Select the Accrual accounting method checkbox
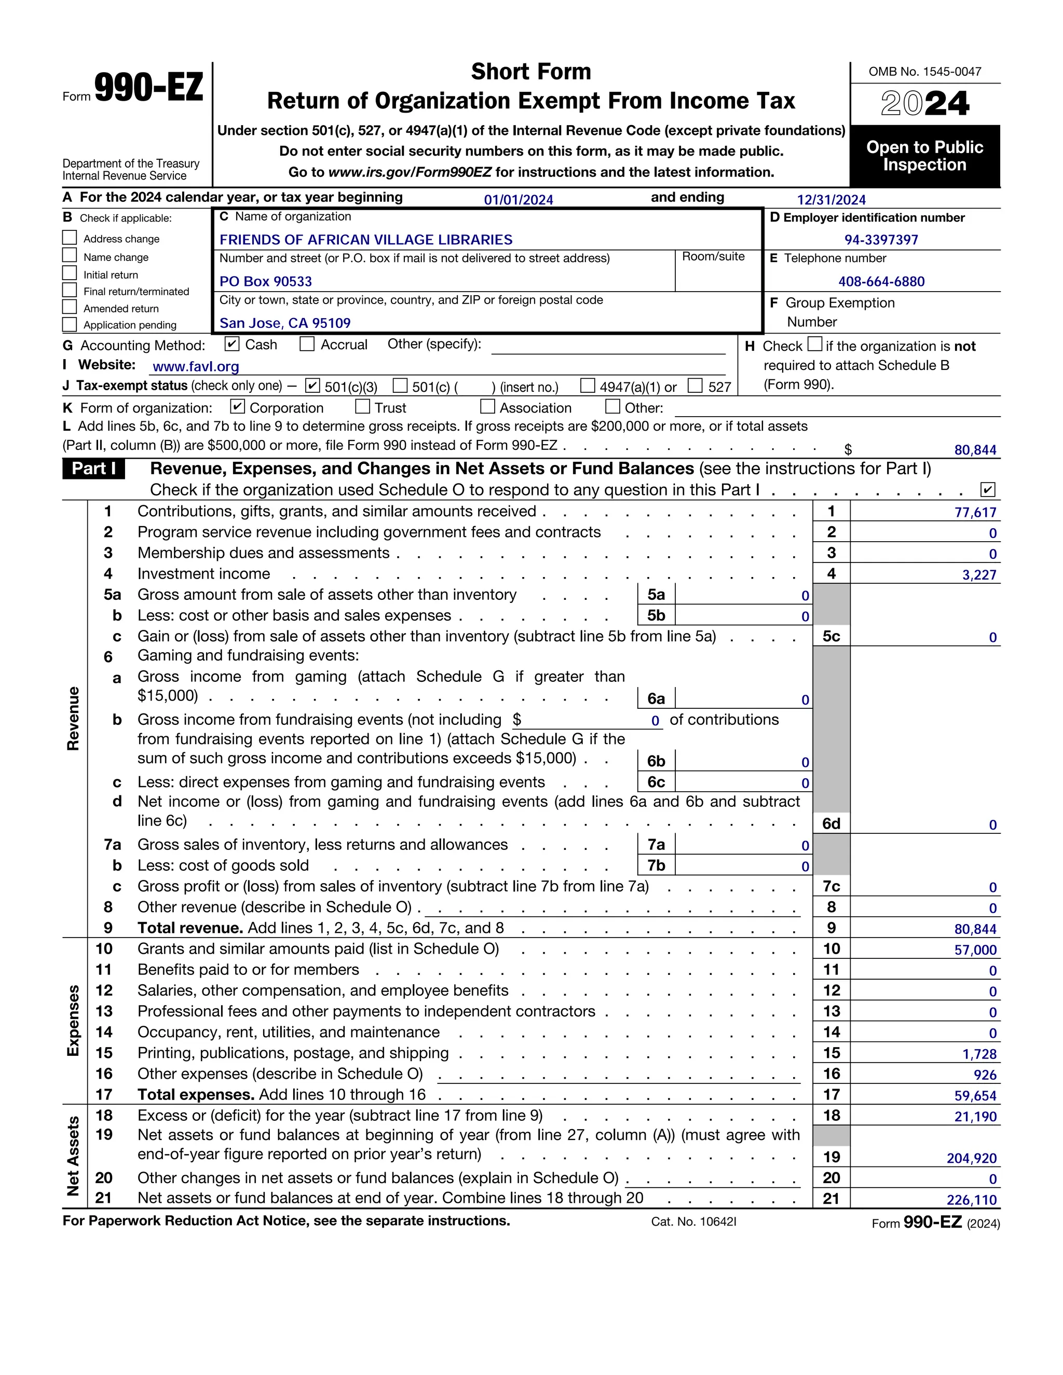307,345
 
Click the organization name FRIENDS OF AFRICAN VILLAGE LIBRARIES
366,240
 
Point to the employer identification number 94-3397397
881,240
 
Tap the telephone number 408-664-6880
881,281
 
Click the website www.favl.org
196,366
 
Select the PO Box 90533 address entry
266,281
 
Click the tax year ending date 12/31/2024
832,200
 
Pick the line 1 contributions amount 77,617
975,513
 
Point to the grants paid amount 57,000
975,950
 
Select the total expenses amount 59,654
975,1096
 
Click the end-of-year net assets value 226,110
972,1200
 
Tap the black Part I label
94,469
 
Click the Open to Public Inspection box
924,156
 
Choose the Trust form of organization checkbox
363,407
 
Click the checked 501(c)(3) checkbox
312,386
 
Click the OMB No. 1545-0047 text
924,72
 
